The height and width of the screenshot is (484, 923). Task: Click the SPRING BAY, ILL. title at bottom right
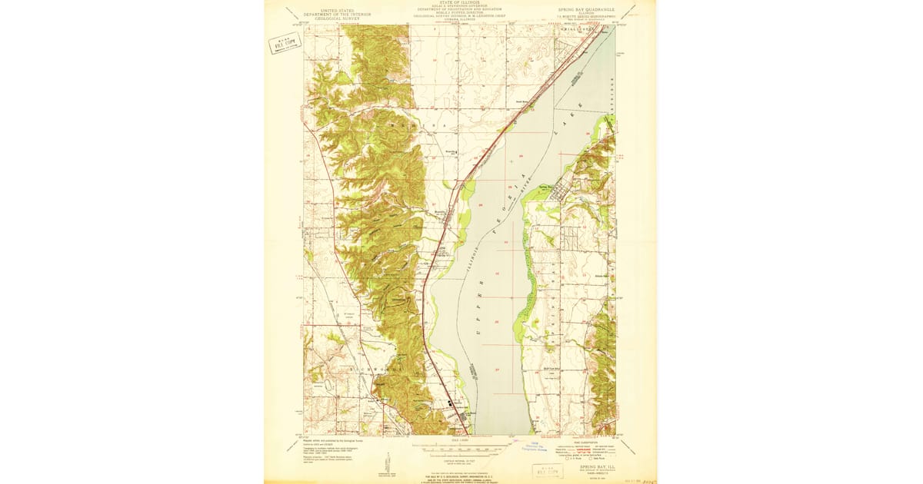[x=595, y=466]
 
